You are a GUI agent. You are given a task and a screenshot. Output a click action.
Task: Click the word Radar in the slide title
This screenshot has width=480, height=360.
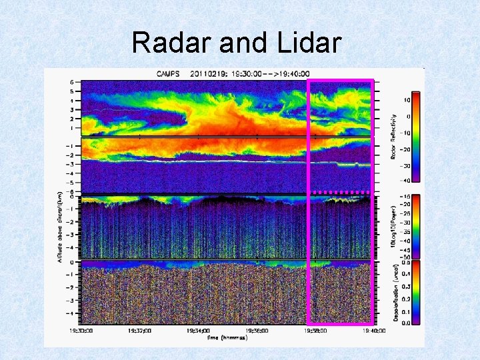pyautogui.click(x=171, y=43)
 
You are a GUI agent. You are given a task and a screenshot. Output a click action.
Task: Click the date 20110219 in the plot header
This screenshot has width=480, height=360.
pyautogui.click(x=211, y=73)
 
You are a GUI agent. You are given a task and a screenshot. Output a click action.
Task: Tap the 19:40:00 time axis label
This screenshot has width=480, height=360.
pyautogui.click(x=373, y=329)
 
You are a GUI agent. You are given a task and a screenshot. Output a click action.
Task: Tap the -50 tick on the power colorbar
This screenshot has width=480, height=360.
pyautogui.click(x=403, y=256)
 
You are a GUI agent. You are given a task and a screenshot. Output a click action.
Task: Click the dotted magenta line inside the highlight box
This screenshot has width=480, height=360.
pyautogui.click(x=340, y=192)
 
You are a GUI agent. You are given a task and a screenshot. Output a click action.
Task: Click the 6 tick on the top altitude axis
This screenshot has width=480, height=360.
pyautogui.click(x=71, y=82)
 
